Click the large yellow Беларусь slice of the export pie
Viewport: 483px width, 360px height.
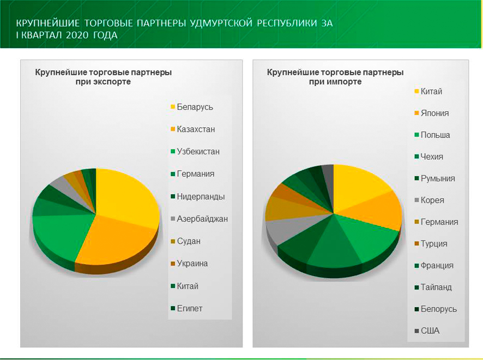[x=128, y=196]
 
